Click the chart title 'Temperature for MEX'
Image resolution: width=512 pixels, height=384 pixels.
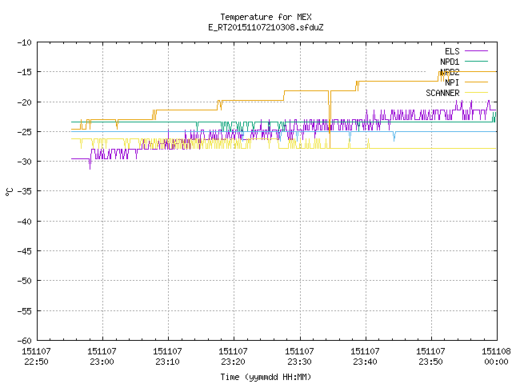pos(266,17)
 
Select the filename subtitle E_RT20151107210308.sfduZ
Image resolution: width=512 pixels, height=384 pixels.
pos(266,27)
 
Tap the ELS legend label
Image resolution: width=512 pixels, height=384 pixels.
pos(452,51)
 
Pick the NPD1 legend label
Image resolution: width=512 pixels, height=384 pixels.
pos(450,62)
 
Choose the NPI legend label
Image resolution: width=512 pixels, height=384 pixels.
pos(452,82)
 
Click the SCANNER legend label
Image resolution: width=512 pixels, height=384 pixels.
pos(442,93)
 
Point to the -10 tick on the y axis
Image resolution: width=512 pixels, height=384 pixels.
pos(25,42)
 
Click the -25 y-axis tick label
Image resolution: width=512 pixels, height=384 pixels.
pos(25,132)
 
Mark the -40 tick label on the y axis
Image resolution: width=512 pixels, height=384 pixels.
pos(25,222)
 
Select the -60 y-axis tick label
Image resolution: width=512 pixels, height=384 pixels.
pos(25,341)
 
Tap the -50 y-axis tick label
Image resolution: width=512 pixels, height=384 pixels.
pos(25,281)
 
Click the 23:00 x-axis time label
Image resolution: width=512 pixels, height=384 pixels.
pos(102,362)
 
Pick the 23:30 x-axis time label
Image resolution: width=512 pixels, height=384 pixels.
pos(299,362)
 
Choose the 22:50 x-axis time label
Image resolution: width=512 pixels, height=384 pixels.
pos(36,362)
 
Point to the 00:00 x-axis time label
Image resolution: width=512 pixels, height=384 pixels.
pos(496,362)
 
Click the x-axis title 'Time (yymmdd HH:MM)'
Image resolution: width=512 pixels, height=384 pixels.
pos(266,377)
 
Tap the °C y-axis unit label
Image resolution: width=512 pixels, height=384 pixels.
pos(9,192)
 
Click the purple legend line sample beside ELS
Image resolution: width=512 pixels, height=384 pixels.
pos(476,51)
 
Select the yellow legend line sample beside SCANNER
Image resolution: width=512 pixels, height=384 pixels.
pos(476,93)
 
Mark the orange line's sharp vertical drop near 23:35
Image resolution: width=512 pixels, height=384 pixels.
pos(330,119)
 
